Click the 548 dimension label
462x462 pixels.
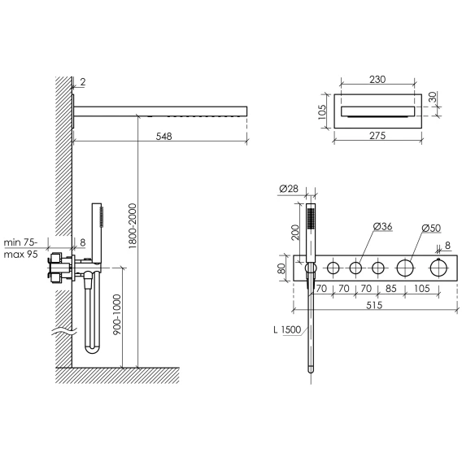(163, 136)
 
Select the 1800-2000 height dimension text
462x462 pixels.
(133, 225)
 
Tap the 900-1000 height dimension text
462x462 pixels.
(117, 315)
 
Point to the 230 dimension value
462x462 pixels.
(377, 79)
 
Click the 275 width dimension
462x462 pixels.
(377, 135)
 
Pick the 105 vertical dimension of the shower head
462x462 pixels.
(322, 112)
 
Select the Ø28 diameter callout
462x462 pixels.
(289, 188)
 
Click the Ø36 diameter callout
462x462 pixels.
(383, 226)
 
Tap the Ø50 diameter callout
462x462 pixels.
(431, 228)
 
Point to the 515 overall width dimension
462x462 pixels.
(374, 305)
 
